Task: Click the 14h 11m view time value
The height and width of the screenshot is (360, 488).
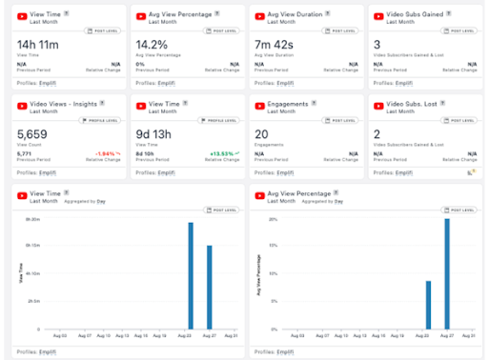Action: click(x=37, y=44)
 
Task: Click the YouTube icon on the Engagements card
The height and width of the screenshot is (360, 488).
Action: click(x=260, y=105)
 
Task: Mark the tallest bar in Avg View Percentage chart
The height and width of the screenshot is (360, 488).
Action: click(x=446, y=274)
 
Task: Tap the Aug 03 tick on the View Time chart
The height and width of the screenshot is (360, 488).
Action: click(x=59, y=336)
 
